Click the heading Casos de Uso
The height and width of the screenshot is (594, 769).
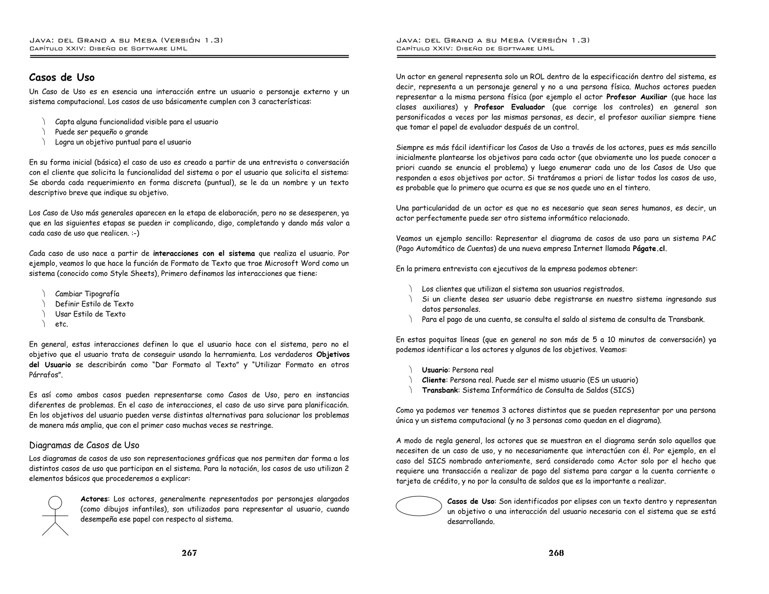point(62,77)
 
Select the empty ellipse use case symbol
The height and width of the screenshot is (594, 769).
point(419,506)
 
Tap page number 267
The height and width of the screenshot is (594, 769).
point(189,553)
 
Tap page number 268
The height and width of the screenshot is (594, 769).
point(556,553)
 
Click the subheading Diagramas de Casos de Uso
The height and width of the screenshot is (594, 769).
point(84,445)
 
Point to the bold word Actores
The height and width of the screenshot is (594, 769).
point(94,499)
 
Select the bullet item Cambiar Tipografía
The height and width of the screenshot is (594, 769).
point(87,294)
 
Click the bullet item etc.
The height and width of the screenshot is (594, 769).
point(62,324)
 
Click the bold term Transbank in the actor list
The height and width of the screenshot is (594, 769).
point(440,390)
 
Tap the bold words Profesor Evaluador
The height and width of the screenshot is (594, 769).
point(509,107)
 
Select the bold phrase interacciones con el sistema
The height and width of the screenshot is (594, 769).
point(204,253)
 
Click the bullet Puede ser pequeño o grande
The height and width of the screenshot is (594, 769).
point(101,132)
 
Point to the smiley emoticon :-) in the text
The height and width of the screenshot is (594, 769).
point(135,233)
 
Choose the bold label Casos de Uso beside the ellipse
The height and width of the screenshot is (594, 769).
point(471,502)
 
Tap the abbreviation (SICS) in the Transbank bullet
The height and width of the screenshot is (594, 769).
point(622,390)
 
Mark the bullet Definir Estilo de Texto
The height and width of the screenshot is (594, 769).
point(94,304)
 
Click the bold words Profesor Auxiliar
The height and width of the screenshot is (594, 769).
point(636,97)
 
